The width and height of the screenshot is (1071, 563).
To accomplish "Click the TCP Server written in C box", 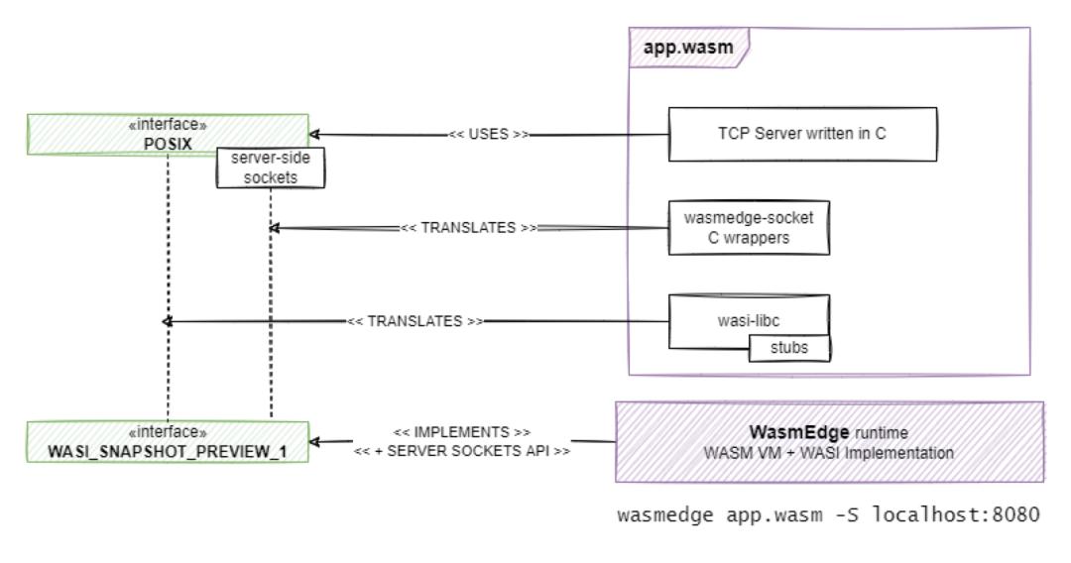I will pyautogui.click(x=801, y=134).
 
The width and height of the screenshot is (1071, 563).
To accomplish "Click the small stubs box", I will pyautogui.click(x=788, y=349).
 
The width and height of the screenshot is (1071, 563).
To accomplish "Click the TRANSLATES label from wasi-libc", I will pyautogui.click(x=415, y=322).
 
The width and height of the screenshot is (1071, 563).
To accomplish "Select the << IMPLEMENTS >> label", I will pyautogui.click(x=461, y=433).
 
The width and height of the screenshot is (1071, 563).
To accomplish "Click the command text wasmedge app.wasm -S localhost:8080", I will pyautogui.click(x=828, y=517).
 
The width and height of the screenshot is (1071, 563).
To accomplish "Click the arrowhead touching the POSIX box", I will pyautogui.click(x=317, y=134).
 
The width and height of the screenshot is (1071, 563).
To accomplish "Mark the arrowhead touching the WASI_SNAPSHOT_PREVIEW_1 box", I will pyautogui.click(x=317, y=442).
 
